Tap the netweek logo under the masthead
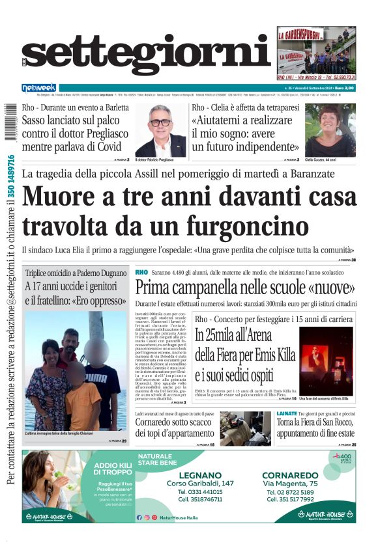point(39,87)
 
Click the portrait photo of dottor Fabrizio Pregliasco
point(160,130)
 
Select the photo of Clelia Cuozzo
point(330,130)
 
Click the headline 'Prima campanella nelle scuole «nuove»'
point(245,287)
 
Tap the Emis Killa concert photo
point(327,361)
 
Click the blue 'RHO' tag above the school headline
point(141,271)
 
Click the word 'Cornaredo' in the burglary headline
point(161,424)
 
